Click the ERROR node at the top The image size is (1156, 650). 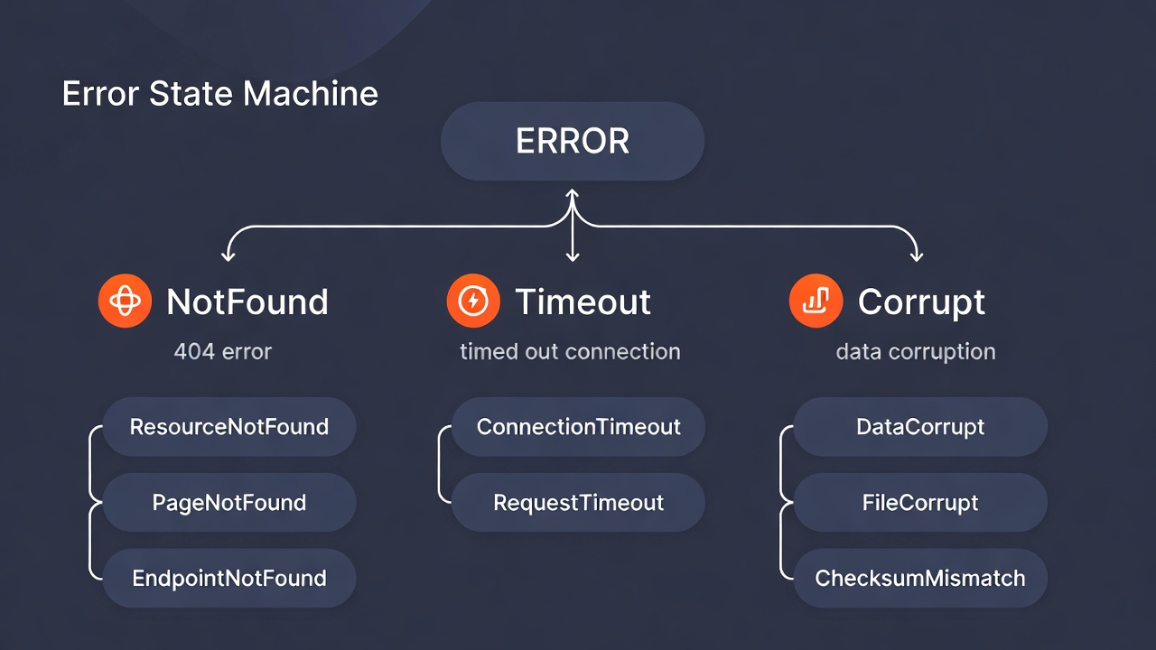click(x=572, y=142)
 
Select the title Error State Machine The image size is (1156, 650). click(x=219, y=94)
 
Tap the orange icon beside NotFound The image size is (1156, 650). click(x=125, y=301)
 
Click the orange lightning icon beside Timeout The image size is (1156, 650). click(x=473, y=301)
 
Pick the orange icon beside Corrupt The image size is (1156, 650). click(x=816, y=301)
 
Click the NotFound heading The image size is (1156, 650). click(x=247, y=302)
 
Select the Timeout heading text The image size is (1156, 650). click(x=583, y=302)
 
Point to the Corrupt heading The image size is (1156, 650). click(x=921, y=302)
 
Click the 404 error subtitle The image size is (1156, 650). click(x=222, y=351)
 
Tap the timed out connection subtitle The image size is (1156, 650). click(x=570, y=351)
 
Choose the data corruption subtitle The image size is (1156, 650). click(x=916, y=351)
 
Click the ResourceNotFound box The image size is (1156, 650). click(x=229, y=427)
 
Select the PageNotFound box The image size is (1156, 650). click(x=229, y=503)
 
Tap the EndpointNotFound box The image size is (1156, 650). click(x=229, y=579)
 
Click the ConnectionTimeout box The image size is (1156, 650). click(x=578, y=427)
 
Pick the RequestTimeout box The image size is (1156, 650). click(x=578, y=503)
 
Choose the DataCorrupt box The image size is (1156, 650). click(x=920, y=427)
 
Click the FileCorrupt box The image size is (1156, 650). click(x=920, y=503)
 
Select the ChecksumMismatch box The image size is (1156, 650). click(x=920, y=579)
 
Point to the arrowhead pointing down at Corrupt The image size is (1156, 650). click(x=917, y=257)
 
